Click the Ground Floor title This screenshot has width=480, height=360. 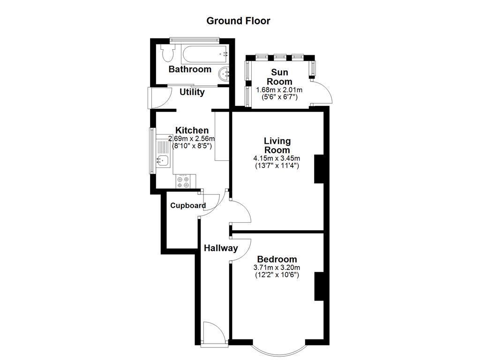[238, 21]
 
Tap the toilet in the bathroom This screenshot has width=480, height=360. [166, 53]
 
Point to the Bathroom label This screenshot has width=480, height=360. [190, 69]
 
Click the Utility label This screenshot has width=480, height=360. [192, 92]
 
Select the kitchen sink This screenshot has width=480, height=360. [163, 161]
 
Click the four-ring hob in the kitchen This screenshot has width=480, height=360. [183, 181]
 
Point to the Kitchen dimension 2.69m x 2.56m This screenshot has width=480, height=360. [191, 139]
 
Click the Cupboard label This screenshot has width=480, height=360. [187, 205]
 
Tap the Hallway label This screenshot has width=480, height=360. [220, 248]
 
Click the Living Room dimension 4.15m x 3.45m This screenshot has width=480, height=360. [277, 158]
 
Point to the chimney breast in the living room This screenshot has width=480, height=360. [319, 169]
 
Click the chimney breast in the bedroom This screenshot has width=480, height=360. [319, 286]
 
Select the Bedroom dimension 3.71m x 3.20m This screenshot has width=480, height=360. [277, 268]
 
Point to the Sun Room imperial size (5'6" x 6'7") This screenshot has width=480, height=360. [279, 97]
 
